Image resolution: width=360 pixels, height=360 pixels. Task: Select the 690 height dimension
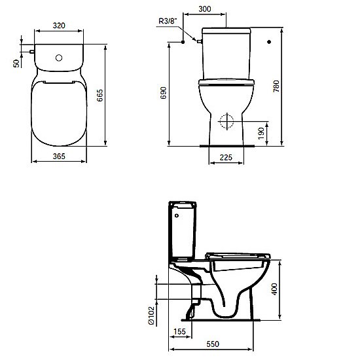click(163, 96)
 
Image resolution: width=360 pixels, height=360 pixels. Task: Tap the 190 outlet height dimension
click(261, 132)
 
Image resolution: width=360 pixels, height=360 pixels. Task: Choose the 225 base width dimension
click(226, 157)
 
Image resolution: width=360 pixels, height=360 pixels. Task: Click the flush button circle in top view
click(60, 58)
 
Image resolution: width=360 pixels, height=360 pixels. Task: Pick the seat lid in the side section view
click(238, 254)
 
